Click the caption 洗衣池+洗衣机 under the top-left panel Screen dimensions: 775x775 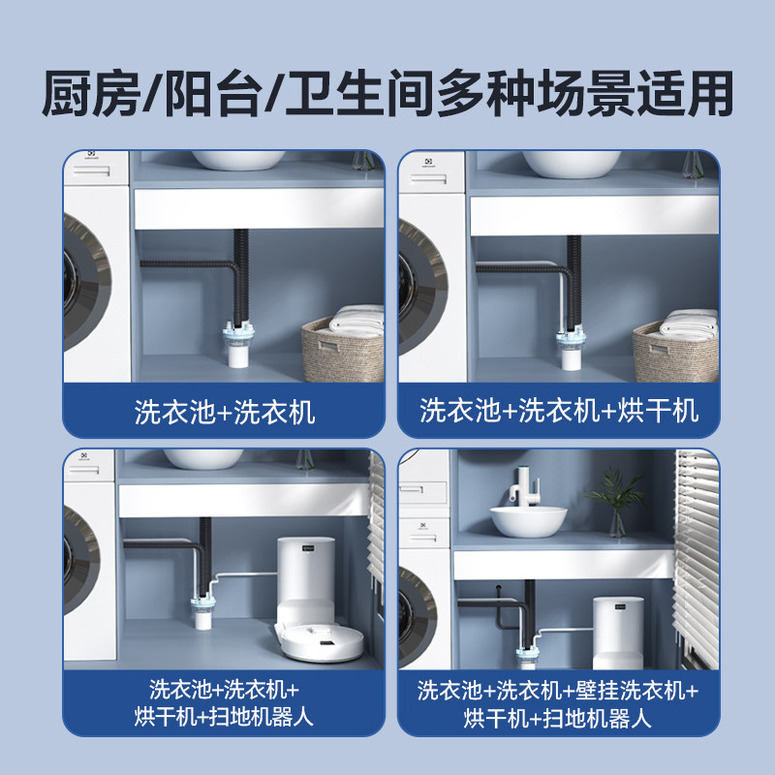(x=224, y=412)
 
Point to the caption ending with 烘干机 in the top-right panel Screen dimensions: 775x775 (x=559, y=411)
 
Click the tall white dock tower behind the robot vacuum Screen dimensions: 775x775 (x=307, y=577)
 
